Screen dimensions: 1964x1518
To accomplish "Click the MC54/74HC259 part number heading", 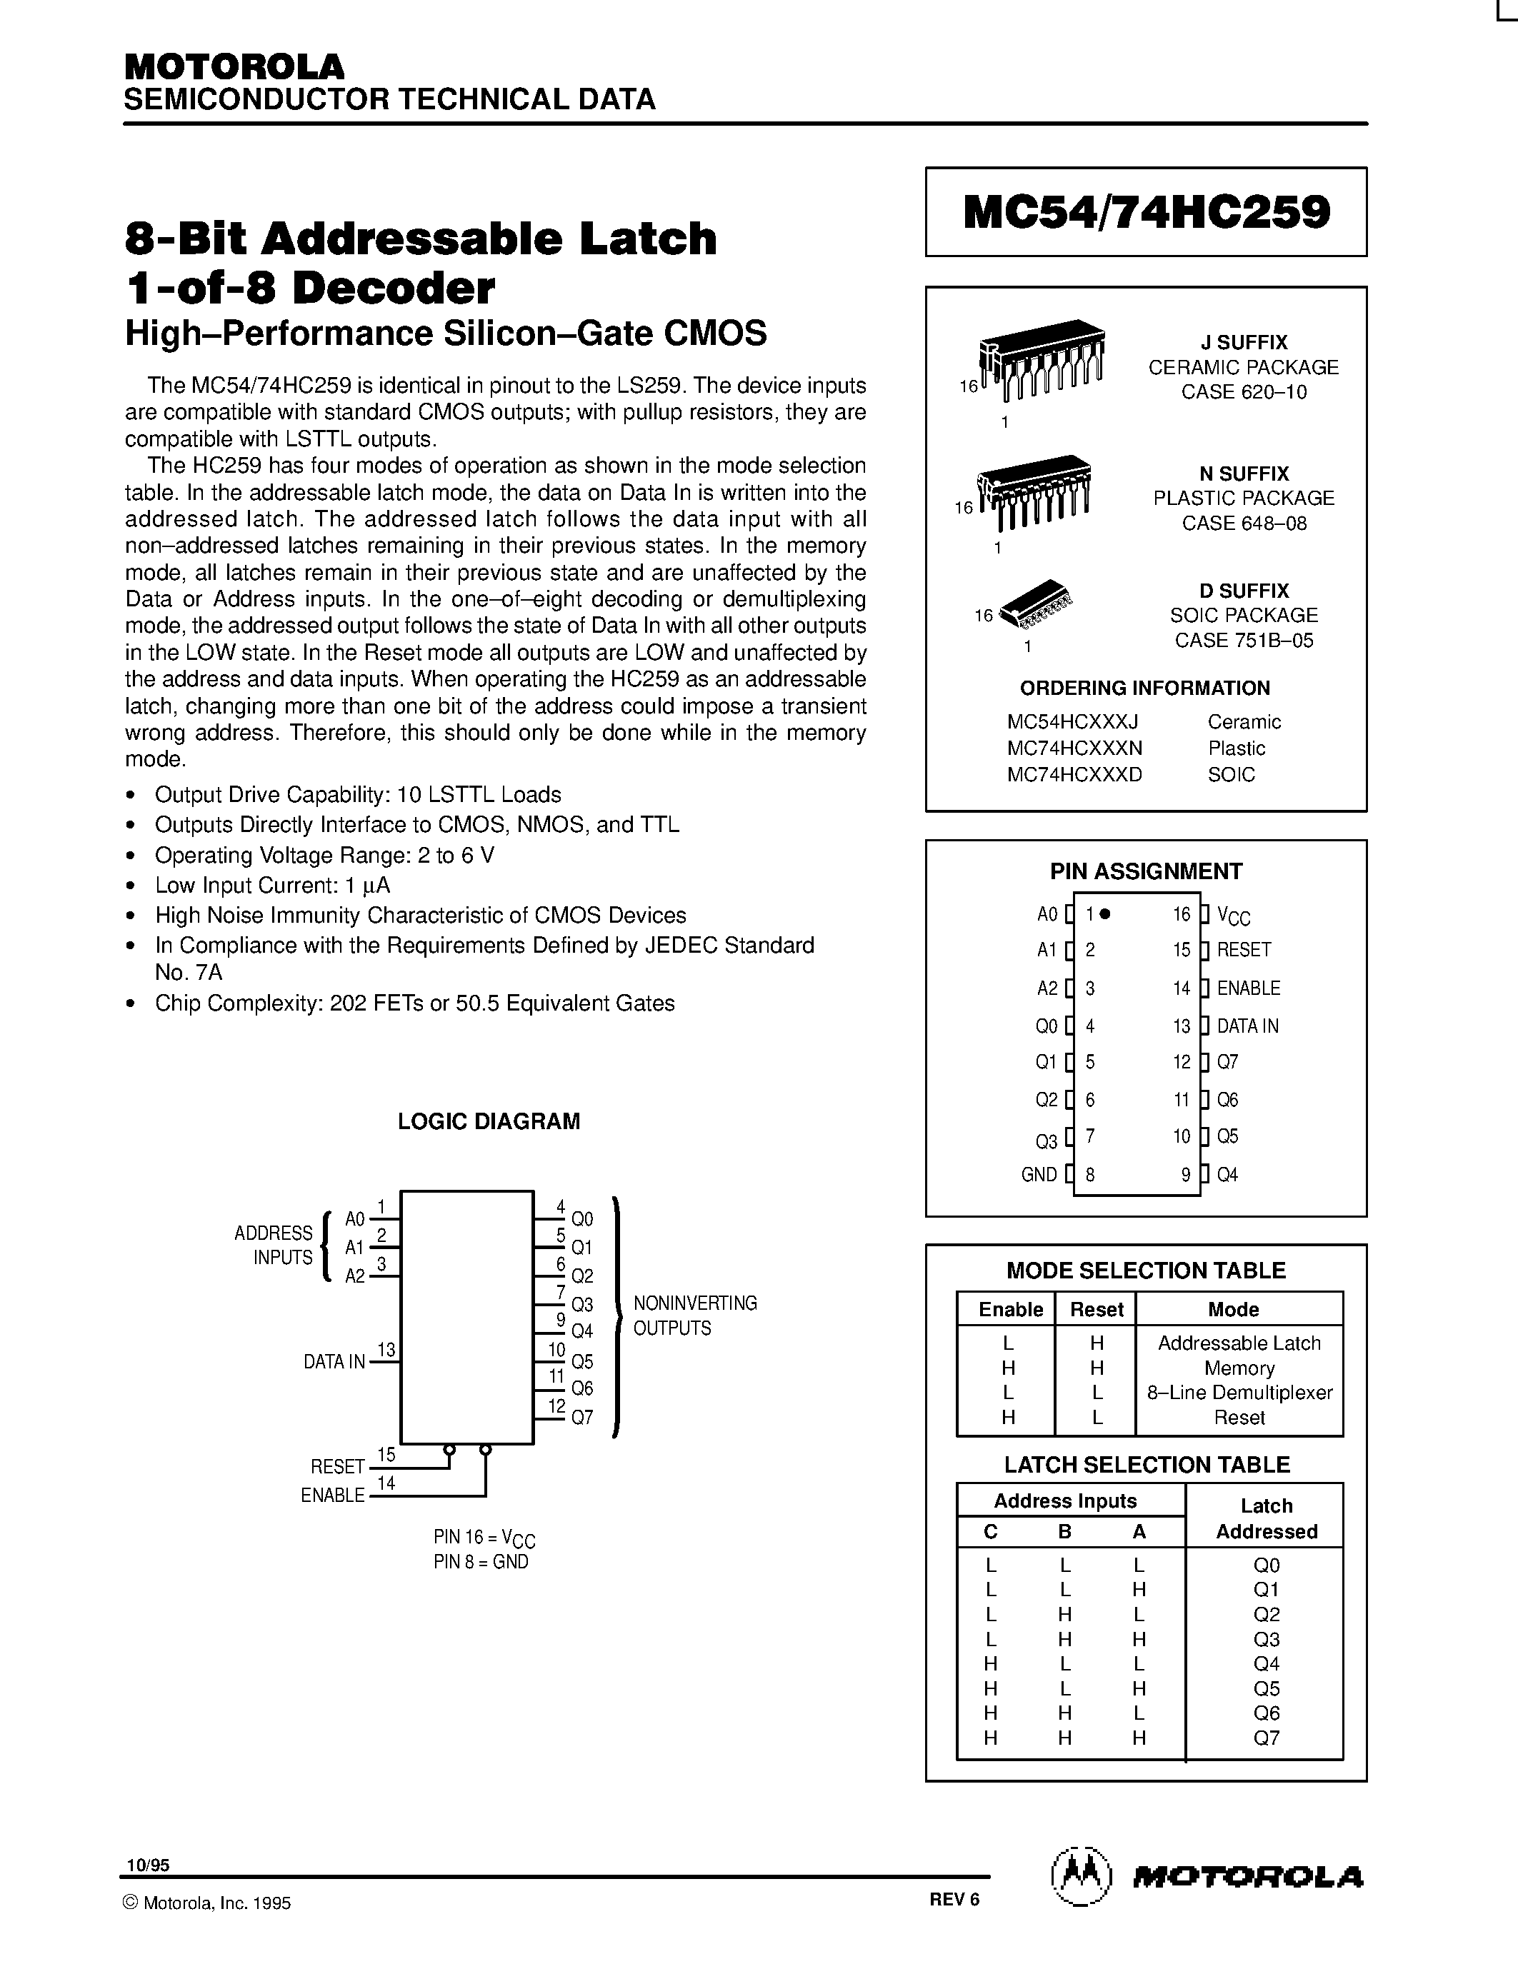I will [1146, 213].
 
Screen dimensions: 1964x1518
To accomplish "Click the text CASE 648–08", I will [1244, 523].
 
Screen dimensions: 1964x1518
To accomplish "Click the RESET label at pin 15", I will [1244, 950].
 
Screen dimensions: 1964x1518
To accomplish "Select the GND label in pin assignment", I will [1039, 1174].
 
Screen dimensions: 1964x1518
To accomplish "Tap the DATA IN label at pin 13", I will [1247, 1026].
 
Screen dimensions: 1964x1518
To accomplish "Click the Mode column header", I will [1233, 1309].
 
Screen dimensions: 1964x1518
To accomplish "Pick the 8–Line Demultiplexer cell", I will [1239, 1393].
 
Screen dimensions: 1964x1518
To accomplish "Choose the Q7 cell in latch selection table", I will [1267, 1738].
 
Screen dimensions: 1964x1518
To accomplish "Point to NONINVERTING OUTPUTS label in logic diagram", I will [694, 1316].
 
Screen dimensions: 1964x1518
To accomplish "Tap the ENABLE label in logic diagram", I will [333, 1495].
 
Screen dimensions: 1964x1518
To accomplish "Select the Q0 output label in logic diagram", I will [581, 1219].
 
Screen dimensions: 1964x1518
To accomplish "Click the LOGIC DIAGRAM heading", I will [489, 1121].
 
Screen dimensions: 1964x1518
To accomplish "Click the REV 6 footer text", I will [954, 1898].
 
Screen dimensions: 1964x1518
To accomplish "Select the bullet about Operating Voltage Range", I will [324, 855].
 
